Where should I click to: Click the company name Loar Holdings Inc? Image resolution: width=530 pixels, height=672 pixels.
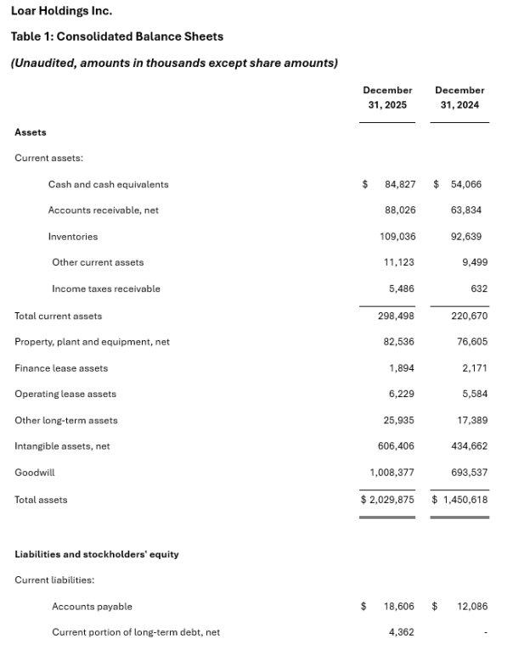coord(61,11)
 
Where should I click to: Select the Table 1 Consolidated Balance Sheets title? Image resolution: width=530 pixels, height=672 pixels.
coord(116,36)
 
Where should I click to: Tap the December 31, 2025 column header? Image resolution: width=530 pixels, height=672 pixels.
coord(387,98)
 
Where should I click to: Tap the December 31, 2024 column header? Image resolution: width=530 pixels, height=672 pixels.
coord(460,98)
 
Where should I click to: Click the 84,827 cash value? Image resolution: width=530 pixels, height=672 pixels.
coord(399,184)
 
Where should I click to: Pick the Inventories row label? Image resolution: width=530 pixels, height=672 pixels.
coord(73,237)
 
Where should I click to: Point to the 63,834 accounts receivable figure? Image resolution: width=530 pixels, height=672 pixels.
coord(465,210)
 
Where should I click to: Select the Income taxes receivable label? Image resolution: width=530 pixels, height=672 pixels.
coord(105,289)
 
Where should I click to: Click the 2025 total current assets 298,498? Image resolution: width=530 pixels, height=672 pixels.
coord(396,316)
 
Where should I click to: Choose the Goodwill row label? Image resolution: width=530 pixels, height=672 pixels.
coord(34,473)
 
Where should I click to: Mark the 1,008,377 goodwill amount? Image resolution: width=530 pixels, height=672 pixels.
coord(392,473)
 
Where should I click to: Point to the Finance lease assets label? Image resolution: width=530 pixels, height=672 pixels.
coord(61,368)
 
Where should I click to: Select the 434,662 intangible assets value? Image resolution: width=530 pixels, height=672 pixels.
coord(465,446)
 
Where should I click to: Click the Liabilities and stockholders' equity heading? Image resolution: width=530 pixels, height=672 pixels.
coord(96,554)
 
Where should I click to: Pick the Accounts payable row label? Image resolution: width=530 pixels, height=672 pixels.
coord(92,607)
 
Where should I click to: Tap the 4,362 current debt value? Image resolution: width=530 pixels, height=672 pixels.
coord(401,632)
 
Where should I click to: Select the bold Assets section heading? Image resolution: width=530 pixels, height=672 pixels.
coord(31,132)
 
